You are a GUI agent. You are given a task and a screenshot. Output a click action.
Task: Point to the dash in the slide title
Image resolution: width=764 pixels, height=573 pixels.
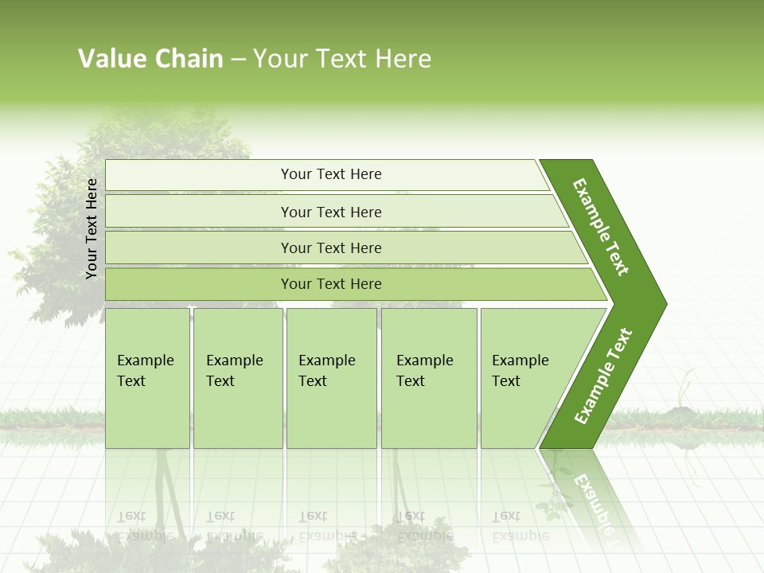coord(238,60)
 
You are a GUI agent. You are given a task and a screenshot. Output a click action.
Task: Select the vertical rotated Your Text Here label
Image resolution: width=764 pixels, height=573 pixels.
coord(92,228)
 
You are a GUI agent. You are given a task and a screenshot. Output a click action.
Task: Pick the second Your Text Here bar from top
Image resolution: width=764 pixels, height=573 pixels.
coord(330,212)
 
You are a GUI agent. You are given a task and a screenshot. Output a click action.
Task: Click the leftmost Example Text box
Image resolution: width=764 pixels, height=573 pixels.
coord(147,378)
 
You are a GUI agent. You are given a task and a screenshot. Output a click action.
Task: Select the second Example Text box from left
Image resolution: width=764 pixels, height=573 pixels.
coord(237,378)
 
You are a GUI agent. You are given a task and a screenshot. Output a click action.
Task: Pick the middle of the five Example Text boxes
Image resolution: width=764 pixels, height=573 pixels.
coord(331,378)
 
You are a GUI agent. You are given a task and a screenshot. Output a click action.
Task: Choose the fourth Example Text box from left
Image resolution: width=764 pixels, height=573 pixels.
coord(429,378)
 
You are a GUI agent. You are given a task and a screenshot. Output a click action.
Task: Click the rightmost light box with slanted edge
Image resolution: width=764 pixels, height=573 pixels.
coord(525,378)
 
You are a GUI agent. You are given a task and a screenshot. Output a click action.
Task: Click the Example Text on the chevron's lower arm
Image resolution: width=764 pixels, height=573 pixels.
coord(603,376)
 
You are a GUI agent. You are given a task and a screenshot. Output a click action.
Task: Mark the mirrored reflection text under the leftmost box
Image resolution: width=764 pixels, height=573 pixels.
coord(146,525)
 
